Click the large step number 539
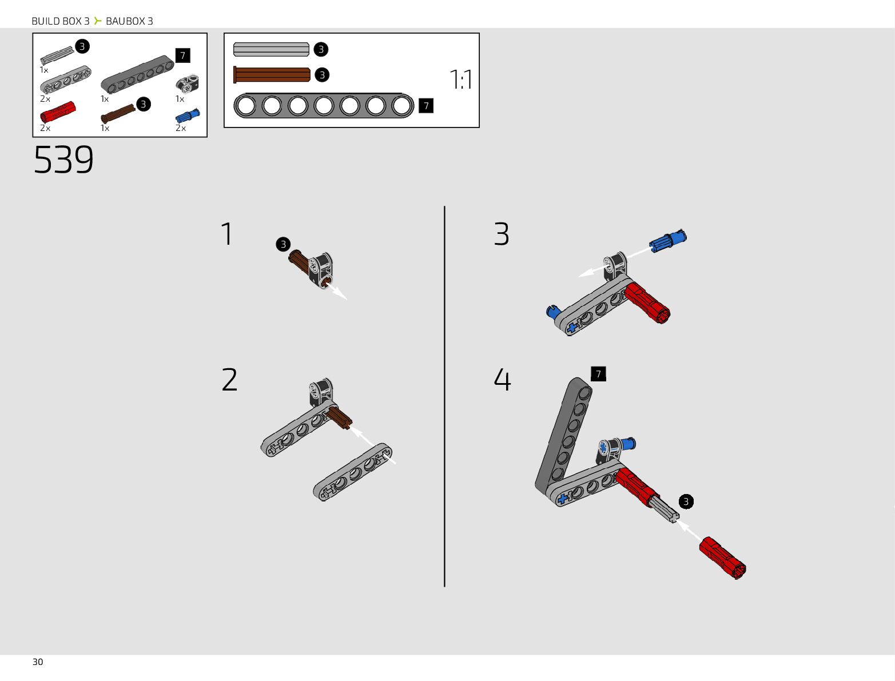pyautogui.click(x=63, y=160)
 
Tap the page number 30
pyautogui.click(x=38, y=662)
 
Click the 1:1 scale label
pyautogui.click(x=461, y=79)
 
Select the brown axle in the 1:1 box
pyautogui.click(x=272, y=75)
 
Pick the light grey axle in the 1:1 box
pyautogui.click(x=271, y=49)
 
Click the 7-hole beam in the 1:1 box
pyautogui.click(x=324, y=106)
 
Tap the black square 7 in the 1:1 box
pyautogui.click(x=426, y=106)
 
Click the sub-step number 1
pyautogui.click(x=227, y=234)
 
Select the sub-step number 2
pyautogui.click(x=229, y=380)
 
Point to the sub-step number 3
pyautogui.click(x=502, y=234)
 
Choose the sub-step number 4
pyautogui.click(x=502, y=380)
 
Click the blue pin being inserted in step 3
pyautogui.click(x=667, y=240)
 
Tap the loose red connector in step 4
pyautogui.click(x=722, y=557)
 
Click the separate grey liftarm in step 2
pyautogui.click(x=352, y=472)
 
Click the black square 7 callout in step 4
pyautogui.click(x=598, y=374)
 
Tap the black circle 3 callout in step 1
pyautogui.click(x=283, y=245)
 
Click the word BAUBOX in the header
pyautogui.click(x=125, y=21)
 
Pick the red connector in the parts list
pyautogui.click(x=57, y=112)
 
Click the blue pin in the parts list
pyautogui.click(x=188, y=116)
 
